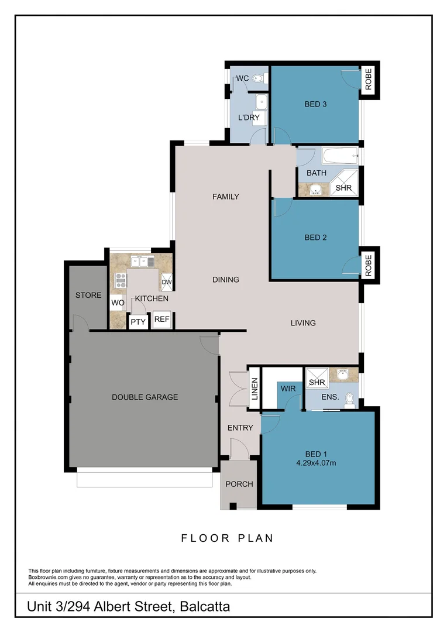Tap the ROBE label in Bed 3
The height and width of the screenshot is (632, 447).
369,81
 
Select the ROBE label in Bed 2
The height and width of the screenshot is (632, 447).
368,265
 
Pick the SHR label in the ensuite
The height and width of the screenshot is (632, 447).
317,382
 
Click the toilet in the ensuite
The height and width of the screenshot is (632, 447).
349,399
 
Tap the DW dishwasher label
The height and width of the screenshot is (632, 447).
167,282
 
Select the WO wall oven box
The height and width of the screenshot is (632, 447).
117,303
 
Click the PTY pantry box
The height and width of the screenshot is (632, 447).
138,321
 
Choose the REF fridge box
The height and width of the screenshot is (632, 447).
161,320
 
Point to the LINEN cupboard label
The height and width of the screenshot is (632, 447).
255,389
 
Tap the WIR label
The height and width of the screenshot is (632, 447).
287,389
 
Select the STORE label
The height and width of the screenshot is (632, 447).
88,296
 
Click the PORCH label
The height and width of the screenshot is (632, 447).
239,484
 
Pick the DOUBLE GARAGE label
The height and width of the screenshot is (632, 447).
145,397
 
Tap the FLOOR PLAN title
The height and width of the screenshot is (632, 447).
227,538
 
